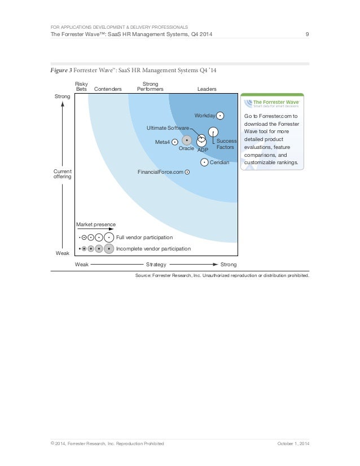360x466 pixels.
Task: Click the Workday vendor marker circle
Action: point(220,116)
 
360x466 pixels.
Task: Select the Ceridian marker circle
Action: point(204,162)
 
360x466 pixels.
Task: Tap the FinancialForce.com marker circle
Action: point(187,172)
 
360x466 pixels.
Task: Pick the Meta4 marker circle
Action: point(175,142)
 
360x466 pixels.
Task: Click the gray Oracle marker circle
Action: point(187,139)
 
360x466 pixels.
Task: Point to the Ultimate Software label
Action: point(168,129)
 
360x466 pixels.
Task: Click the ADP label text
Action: point(203,150)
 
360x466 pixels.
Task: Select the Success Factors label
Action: point(226,144)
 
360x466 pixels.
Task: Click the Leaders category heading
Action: point(207,89)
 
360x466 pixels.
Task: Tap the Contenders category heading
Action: point(107,89)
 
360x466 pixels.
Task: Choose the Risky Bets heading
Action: point(82,86)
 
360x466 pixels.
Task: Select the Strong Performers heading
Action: point(150,86)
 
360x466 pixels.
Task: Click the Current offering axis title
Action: point(63,173)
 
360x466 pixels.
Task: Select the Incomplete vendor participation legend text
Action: point(153,248)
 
